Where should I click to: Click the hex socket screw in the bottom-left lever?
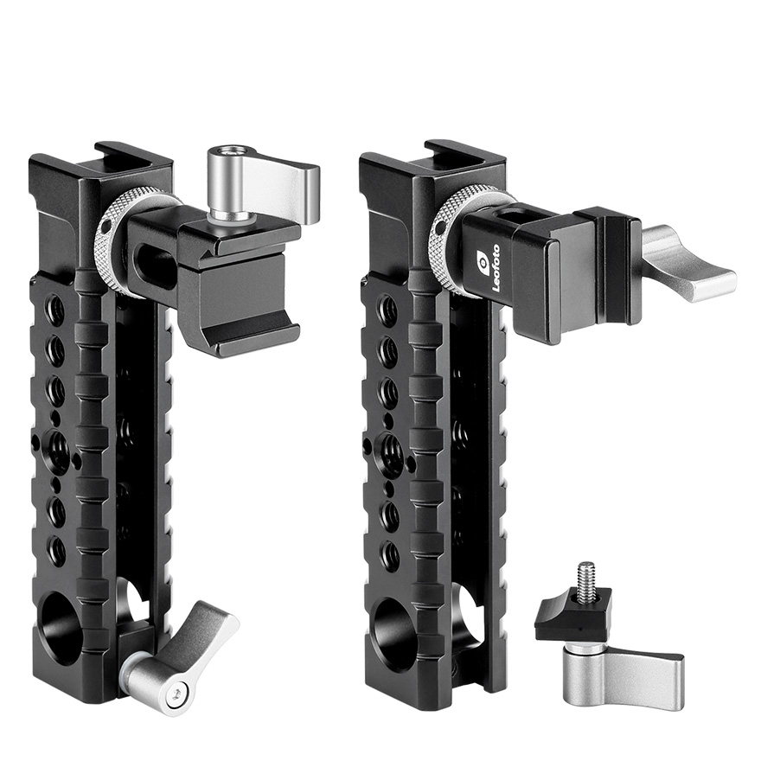pyautogui.click(x=178, y=689)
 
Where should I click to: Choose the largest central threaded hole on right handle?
pyautogui.click(x=391, y=451)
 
